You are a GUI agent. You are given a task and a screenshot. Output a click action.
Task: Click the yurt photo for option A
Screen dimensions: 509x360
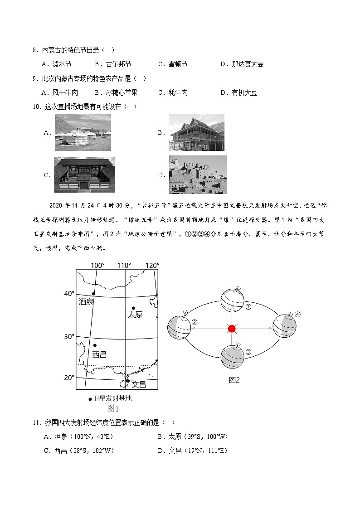83,132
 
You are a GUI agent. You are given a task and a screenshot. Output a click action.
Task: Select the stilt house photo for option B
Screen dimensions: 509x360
196,132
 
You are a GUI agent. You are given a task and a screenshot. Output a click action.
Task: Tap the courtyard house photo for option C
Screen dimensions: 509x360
84,175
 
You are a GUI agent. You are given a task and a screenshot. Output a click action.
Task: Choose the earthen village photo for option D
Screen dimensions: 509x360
198,175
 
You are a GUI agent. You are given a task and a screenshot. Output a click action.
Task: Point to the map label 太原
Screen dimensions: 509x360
135,315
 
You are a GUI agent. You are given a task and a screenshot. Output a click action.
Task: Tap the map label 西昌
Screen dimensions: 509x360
99,354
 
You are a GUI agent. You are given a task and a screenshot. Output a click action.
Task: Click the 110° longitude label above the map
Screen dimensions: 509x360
124,265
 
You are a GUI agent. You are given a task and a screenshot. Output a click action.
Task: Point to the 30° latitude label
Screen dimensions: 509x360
68,337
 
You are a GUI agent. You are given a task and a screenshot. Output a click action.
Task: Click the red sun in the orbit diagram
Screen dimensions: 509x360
232,329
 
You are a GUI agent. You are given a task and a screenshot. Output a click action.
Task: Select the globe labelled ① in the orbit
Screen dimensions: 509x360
232,300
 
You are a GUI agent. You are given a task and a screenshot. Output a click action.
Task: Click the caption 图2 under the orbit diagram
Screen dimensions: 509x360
234,380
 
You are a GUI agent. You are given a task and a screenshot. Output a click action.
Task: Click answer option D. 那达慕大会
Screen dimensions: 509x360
242,64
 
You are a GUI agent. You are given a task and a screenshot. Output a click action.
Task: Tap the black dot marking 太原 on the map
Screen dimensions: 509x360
133,308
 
